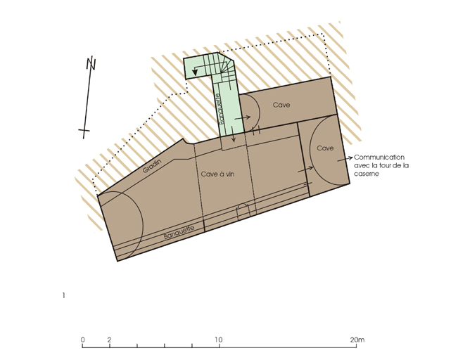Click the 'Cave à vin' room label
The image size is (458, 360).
tap(217, 174)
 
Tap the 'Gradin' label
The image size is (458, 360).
tap(152, 166)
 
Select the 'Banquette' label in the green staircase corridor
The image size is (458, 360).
tap(222, 108)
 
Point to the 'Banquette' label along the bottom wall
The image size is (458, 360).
tap(179, 232)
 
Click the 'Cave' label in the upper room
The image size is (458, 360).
tap(281, 105)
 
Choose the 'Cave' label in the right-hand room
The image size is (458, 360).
tap(325, 148)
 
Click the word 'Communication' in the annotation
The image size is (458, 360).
tap(379, 157)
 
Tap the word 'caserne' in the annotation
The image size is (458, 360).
tap(367, 174)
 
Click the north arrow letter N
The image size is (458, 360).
tap(91, 63)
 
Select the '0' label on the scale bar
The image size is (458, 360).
tap(83, 340)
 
